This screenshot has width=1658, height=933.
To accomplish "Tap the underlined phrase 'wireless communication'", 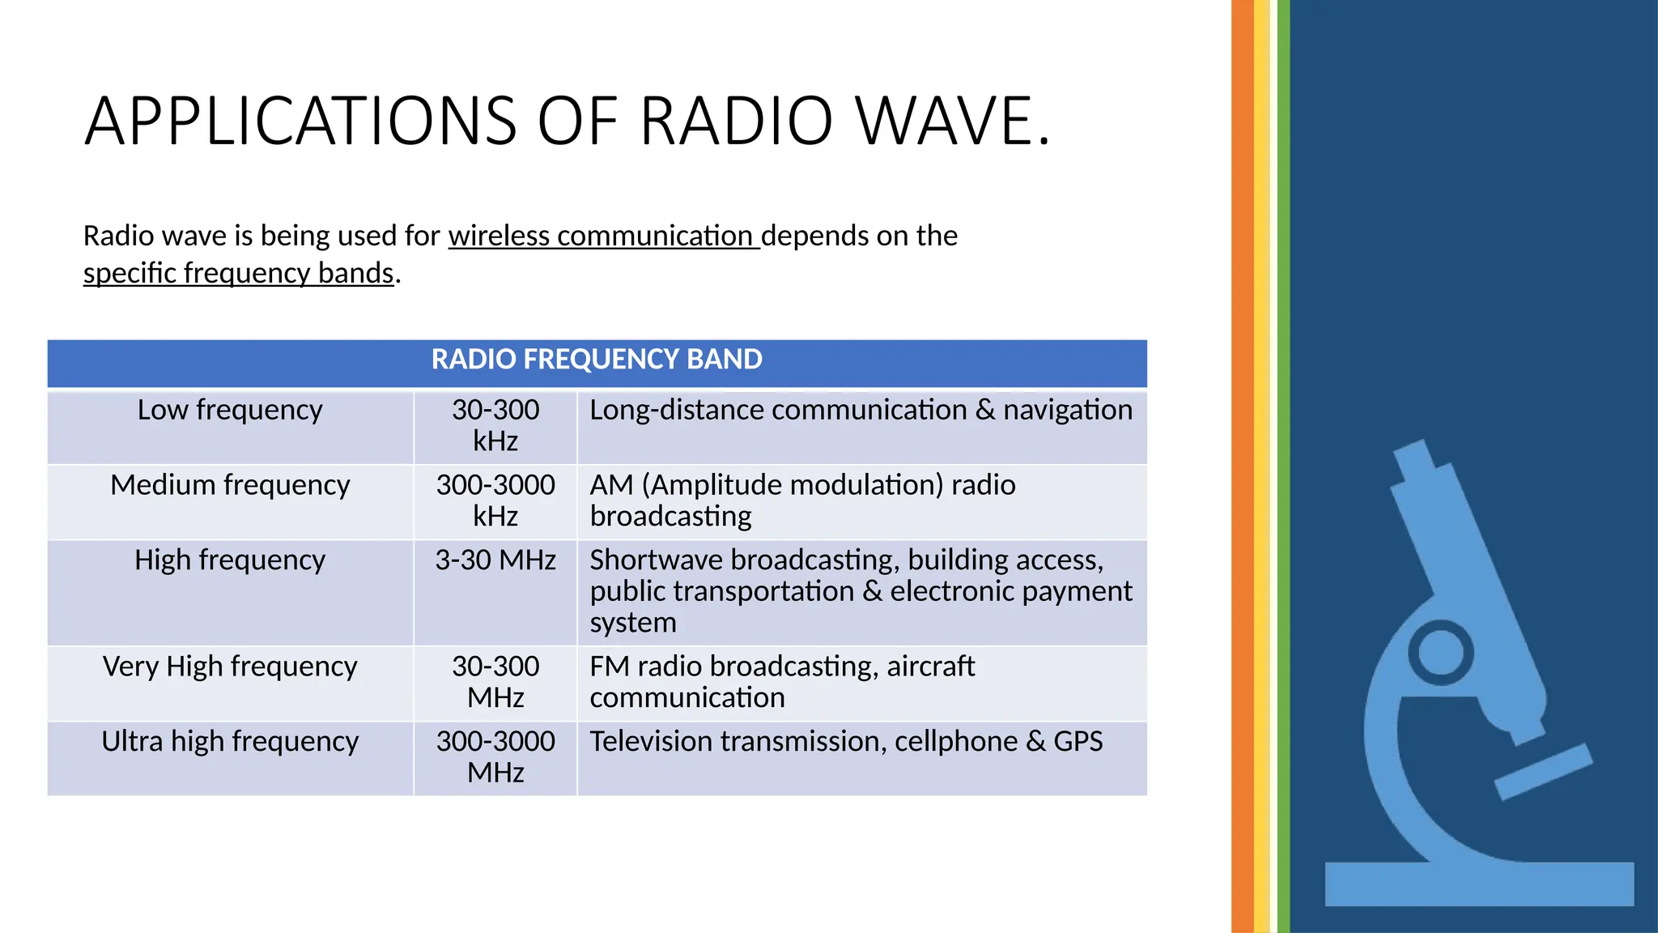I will click(603, 236).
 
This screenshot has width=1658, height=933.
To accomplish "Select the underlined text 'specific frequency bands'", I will click(238, 273).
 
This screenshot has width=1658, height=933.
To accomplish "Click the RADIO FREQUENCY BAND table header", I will click(597, 360).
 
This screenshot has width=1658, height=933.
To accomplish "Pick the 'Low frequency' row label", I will click(230, 410).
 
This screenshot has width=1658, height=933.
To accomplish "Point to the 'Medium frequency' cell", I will click(230, 485).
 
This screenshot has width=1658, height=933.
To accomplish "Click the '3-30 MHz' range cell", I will click(495, 560).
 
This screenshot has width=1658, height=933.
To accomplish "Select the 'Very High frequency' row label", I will click(230, 667).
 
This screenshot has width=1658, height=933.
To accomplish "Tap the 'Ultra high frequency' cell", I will click(230, 742).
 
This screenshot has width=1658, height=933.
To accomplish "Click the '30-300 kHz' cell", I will click(495, 425).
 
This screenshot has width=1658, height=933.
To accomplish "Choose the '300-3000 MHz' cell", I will click(495, 756).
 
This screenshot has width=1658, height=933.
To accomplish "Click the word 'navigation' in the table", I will click(1067, 410).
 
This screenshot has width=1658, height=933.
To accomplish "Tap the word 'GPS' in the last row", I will click(1078, 742).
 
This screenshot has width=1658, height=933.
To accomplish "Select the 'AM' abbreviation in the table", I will click(611, 485).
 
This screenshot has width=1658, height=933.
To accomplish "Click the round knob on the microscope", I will click(1440, 652).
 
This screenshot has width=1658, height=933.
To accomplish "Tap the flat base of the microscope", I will click(1478, 884).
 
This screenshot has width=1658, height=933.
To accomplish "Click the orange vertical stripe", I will click(1242, 466).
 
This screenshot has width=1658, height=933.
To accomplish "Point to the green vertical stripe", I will click(1283, 466).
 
